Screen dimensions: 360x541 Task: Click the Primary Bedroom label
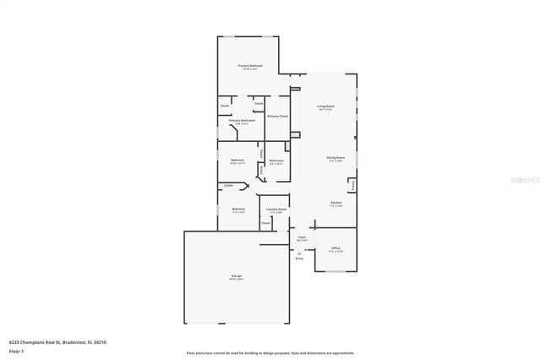click(249, 66)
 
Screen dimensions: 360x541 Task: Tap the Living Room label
click(325, 107)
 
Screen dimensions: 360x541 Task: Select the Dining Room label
click(335, 157)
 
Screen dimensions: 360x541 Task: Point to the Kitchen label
click(336, 203)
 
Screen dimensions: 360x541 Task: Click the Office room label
click(336, 248)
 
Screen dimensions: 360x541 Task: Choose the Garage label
click(236, 275)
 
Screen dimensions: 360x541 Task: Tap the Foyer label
click(302, 238)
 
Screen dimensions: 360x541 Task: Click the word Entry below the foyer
click(298, 259)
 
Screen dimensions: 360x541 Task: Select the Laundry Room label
click(276, 209)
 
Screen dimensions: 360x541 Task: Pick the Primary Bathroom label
click(242, 121)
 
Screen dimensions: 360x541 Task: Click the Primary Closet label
click(277, 116)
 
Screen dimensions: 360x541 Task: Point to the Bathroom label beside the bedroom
click(276, 161)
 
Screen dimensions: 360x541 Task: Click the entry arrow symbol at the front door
click(298, 252)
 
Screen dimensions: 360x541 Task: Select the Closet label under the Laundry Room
click(265, 223)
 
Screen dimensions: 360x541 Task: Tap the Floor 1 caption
click(16, 351)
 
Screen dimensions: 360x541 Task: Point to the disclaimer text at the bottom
click(270, 354)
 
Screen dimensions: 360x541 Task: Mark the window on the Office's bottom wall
click(336, 272)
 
